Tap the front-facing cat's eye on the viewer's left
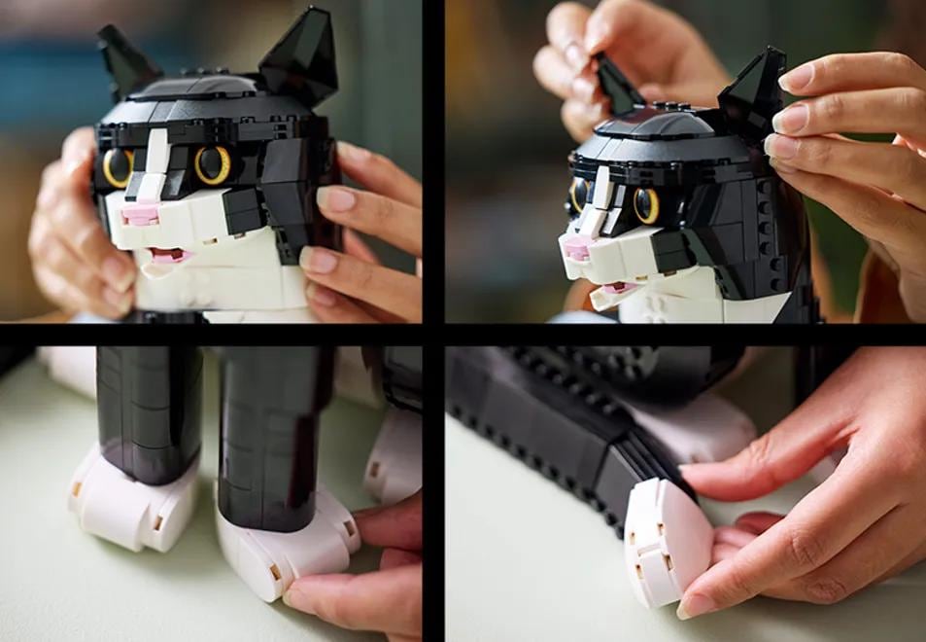pos(119,167)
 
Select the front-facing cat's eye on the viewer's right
pos(212,164)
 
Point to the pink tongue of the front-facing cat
pos(168,256)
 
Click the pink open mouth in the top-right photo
pos(614,288)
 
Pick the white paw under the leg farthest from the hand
pos(131,501)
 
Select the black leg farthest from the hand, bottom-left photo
pos(148,409)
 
